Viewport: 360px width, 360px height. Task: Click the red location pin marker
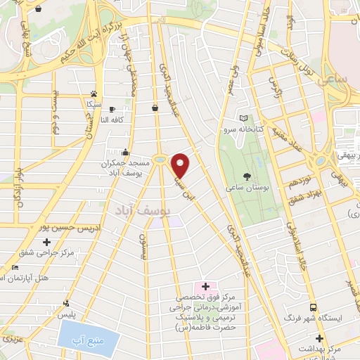coord(181,165)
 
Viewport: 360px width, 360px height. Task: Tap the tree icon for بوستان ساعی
coord(247,176)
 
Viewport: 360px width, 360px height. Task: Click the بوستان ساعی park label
coord(244,188)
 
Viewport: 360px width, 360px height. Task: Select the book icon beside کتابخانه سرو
coord(244,117)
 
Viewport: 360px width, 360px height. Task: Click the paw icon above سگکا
coord(94,93)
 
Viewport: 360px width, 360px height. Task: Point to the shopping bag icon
coord(154,107)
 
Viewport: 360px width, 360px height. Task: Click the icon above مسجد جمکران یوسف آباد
coord(126,151)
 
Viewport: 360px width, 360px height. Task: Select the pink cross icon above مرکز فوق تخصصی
coord(205,286)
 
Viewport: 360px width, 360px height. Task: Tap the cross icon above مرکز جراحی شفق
coord(47,242)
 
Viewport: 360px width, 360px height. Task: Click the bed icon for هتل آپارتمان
coord(15,268)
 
